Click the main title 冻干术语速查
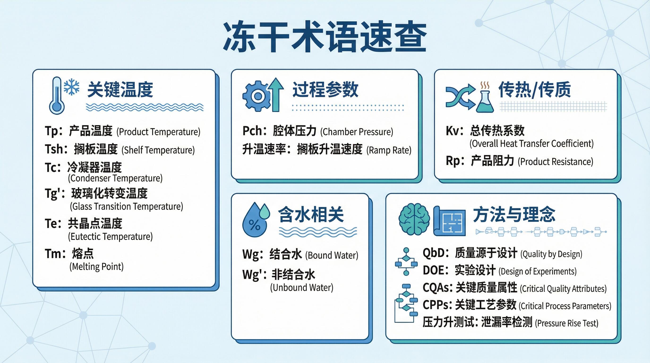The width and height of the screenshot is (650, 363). (x=325, y=37)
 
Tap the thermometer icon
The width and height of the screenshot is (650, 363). (x=57, y=95)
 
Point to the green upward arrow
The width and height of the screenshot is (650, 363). (x=276, y=94)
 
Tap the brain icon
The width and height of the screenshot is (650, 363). (x=414, y=219)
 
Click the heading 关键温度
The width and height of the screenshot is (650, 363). (x=120, y=89)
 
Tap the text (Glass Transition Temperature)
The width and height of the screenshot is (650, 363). (x=126, y=207)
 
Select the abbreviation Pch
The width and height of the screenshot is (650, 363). (x=252, y=131)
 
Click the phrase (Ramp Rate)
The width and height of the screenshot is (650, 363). (x=389, y=150)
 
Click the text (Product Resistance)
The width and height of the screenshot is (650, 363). (x=555, y=162)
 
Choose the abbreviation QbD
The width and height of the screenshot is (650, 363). (x=433, y=253)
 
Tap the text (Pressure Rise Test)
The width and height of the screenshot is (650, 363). (x=567, y=323)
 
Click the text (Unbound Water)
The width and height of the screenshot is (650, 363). (x=302, y=288)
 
